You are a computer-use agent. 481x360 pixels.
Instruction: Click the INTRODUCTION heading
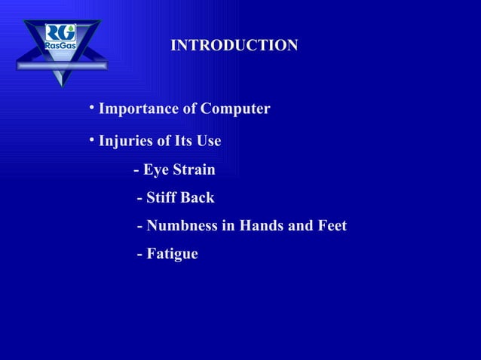pyautogui.click(x=234, y=46)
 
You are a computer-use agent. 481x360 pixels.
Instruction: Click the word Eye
pyautogui.click(x=159, y=170)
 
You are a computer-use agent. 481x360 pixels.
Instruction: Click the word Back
pyautogui.click(x=200, y=198)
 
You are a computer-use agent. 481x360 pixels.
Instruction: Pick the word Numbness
pyautogui.click(x=181, y=226)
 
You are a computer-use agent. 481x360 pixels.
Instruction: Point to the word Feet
pyautogui.click(x=329, y=226)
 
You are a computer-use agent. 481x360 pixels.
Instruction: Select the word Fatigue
pyautogui.click(x=172, y=255)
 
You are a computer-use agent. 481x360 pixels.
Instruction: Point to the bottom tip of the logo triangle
pyautogui.click(x=61, y=85)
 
